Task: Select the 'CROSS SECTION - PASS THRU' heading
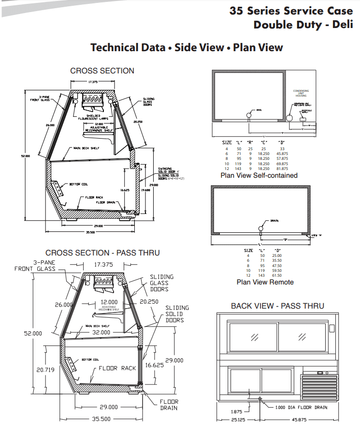pyautogui.click(x=102, y=253)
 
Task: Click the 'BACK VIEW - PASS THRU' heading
pyautogui.click(x=277, y=306)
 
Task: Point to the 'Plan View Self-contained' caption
pyautogui.click(x=259, y=175)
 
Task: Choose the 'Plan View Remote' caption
pyautogui.click(x=265, y=282)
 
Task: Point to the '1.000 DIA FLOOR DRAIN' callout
pyautogui.click(x=301, y=407)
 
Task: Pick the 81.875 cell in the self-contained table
pyautogui.click(x=282, y=169)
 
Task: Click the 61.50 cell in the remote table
pyautogui.click(x=277, y=275)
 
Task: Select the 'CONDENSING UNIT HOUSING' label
pyautogui.click(x=301, y=93)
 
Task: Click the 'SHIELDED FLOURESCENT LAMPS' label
pyautogui.click(x=93, y=117)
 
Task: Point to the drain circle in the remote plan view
pyautogui.click(x=261, y=227)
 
